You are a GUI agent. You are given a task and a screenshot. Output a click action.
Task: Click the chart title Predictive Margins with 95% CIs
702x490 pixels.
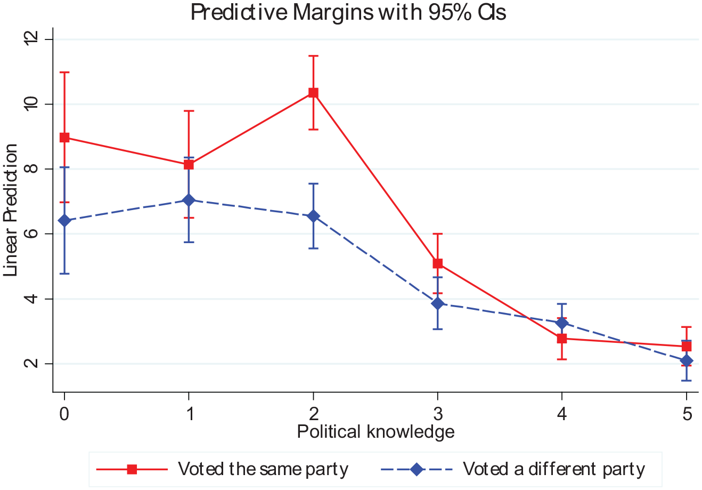(348, 13)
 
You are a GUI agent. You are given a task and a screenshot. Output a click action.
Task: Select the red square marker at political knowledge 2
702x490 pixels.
(313, 93)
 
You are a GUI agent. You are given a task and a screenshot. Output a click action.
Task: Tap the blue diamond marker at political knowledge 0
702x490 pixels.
(64, 221)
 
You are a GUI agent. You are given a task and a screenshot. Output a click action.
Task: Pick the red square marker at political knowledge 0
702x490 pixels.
(64, 138)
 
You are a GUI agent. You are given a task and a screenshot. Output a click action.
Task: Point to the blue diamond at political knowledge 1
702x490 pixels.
(189, 200)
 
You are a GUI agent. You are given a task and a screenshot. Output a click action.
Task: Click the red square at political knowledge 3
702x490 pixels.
(437, 263)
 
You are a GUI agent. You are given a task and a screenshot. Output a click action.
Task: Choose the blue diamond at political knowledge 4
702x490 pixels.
(562, 323)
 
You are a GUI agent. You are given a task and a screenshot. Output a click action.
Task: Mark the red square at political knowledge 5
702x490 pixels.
(687, 347)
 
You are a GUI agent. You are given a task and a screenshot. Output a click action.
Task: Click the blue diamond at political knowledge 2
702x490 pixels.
(313, 216)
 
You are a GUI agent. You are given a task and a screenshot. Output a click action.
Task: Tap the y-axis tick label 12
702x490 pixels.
(31, 39)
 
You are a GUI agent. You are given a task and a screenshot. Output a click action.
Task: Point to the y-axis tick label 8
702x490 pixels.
(31, 169)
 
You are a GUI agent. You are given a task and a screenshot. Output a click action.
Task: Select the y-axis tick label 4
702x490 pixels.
(31, 299)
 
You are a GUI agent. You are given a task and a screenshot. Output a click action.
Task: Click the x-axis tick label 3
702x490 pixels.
(438, 414)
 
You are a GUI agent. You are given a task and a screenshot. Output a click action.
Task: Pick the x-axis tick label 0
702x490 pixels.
(64, 414)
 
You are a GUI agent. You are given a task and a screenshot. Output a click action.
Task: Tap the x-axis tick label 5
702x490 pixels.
(687, 414)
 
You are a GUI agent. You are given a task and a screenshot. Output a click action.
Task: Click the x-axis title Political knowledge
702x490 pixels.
(376, 432)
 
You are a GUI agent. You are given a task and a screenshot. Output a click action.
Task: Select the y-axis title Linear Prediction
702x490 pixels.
(10, 210)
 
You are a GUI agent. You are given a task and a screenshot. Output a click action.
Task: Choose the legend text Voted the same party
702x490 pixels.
(263, 470)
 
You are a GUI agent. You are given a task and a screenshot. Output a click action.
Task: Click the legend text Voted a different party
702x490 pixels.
(554, 470)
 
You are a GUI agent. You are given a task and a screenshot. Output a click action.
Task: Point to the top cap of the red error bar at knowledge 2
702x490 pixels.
(313, 56)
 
